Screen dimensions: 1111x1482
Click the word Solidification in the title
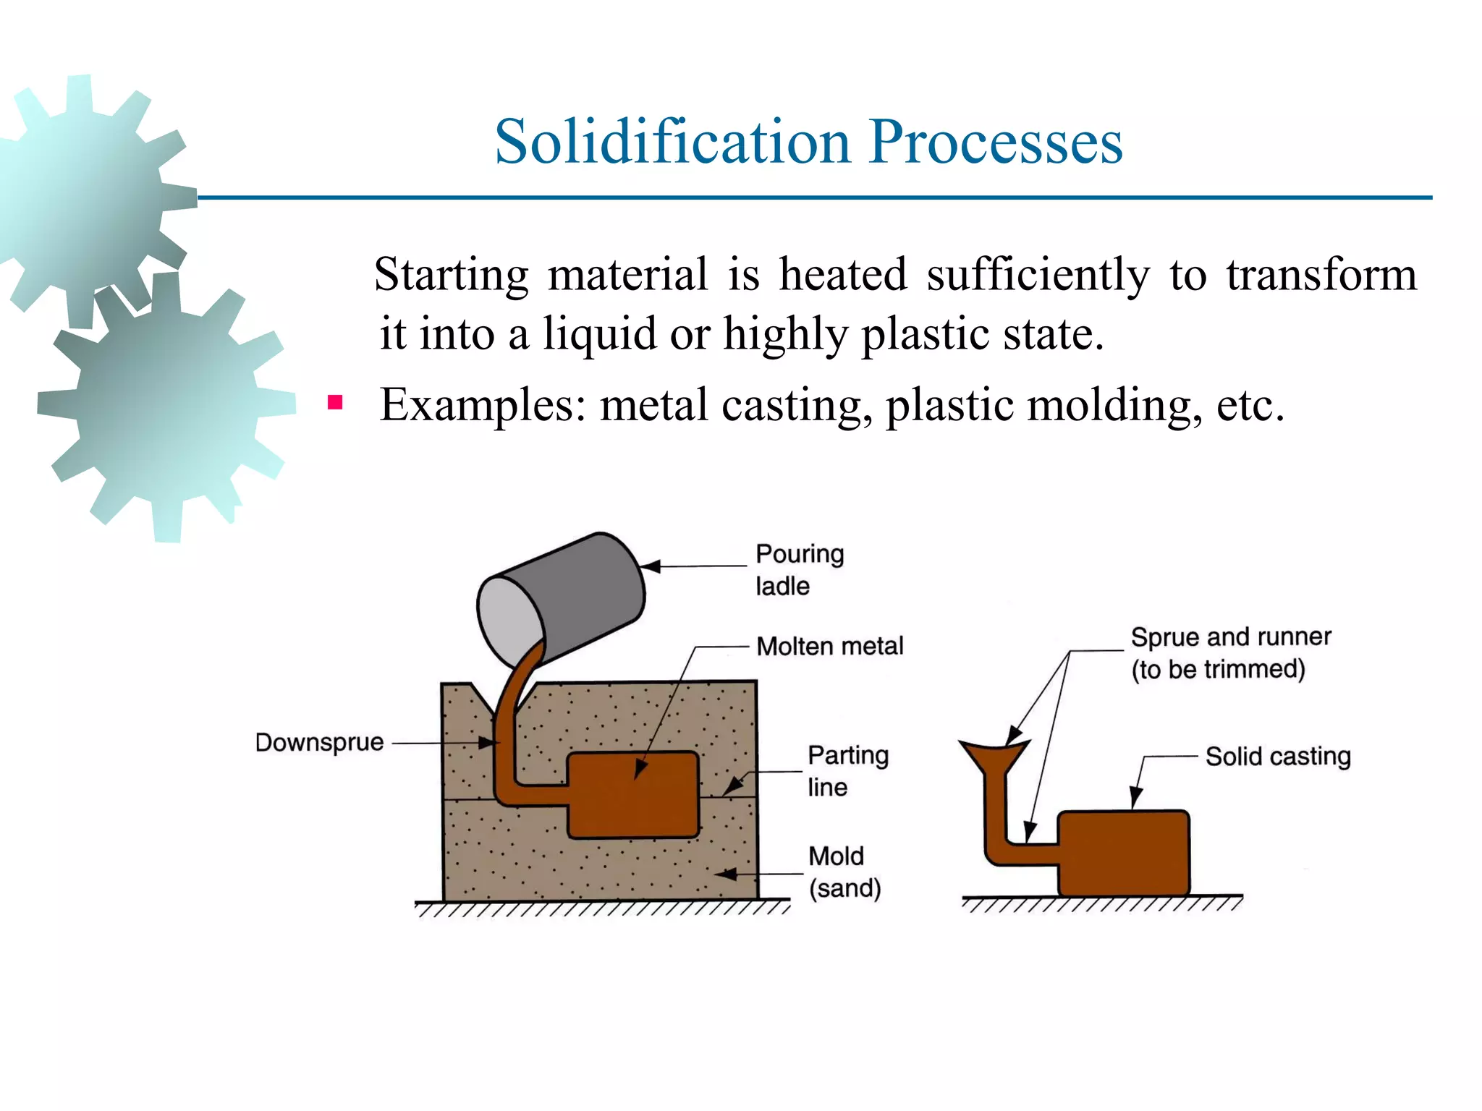pyautogui.click(x=672, y=142)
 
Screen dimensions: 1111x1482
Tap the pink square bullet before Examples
pyautogui.click(x=334, y=402)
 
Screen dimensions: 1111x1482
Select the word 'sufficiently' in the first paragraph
pyautogui.click(x=1038, y=275)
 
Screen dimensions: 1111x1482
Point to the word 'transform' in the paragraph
pyautogui.click(x=1321, y=275)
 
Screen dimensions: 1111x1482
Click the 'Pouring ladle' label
pyautogui.click(x=799, y=569)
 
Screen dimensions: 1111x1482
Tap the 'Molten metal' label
pyautogui.click(x=829, y=646)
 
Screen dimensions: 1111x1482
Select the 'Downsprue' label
pyautogui.click(x=319, y=742)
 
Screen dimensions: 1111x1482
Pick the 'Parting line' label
pyautogui.click(x=847, y=770)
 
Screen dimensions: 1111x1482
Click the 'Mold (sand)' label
pyautogui.click(x=844, y=872)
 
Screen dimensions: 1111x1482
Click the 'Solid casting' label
pyautogui.click(x=1277, y=757)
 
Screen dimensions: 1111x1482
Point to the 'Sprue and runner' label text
pyautogui.click(x=1230, y=637)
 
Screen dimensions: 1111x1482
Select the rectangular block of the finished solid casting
pyautogui.click(x=1123, y=854)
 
